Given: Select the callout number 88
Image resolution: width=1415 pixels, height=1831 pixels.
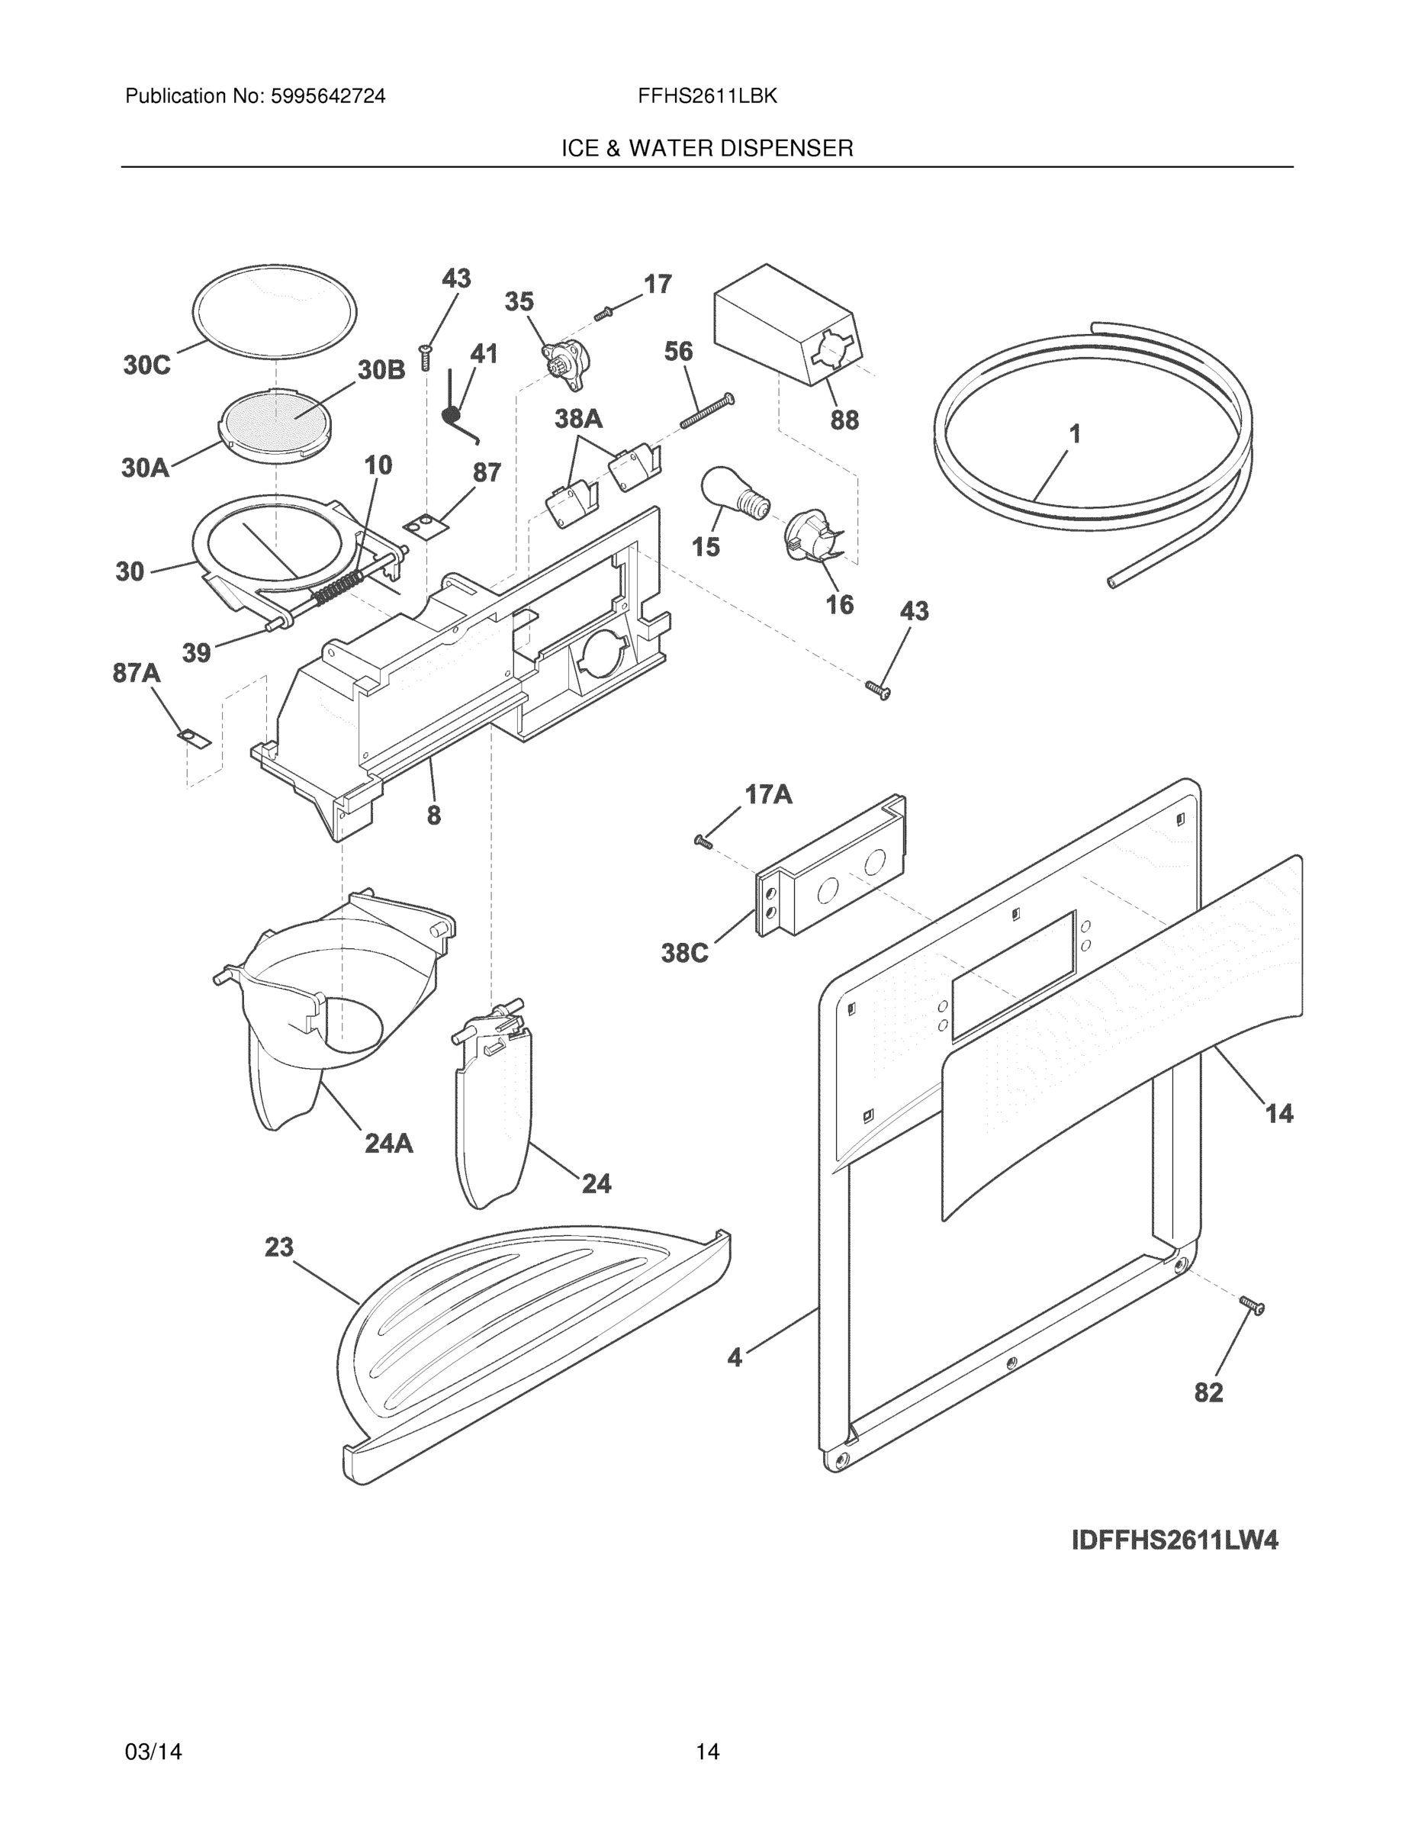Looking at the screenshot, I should click(844, 420).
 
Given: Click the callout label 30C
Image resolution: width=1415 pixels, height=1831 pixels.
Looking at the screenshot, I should click(146, 365).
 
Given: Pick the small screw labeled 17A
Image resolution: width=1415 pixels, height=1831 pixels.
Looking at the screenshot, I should click(703, 841).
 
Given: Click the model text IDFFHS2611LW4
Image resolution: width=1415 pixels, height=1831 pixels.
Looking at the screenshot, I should click(1175, 1541).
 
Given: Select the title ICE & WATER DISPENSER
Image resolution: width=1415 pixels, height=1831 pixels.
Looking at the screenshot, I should click(706, 149).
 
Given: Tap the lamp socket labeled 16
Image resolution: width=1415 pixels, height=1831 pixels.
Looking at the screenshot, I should click(811, 536).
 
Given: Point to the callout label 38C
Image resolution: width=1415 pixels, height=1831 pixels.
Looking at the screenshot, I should click(685, 953).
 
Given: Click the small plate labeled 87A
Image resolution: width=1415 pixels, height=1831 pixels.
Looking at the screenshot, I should click(195, 738).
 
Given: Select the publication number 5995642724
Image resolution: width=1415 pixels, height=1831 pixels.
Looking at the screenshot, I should click(328, 96).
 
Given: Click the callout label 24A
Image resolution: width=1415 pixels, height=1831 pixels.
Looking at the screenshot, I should click(389, 1143).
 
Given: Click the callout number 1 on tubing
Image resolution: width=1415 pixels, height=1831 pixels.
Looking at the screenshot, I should click(1075, 434).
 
